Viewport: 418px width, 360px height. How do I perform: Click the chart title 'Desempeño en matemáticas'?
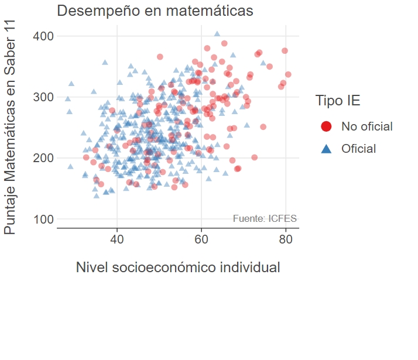point(155,11)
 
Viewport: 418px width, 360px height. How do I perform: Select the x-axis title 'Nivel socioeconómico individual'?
point(178,268)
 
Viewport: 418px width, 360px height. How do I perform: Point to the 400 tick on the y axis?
point(43,36)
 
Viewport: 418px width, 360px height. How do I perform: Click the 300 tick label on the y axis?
point(43,97)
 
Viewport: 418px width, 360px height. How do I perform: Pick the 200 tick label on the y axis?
point(43,158)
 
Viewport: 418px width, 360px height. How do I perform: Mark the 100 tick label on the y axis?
point(43,219)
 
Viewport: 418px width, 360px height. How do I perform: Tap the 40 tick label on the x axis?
point(117,239)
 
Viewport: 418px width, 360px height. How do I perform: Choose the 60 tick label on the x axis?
point(201,239)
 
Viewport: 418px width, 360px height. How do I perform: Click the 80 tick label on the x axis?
point(285,239)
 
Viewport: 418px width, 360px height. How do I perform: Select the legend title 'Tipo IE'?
point(338,101)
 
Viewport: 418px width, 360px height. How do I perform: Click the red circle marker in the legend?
point(327,126)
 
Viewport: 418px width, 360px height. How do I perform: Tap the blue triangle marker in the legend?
point(327,149)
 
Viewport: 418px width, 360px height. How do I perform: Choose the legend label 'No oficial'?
point(367,126)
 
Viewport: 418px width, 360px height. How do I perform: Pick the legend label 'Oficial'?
point(359,149)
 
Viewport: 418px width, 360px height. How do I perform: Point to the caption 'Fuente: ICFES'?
point(265,219)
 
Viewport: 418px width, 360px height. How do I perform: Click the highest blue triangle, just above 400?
point(217,34)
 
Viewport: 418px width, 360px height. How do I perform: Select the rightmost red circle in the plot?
point(288,74)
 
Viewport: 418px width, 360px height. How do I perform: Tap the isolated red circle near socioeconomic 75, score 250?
point(263,127)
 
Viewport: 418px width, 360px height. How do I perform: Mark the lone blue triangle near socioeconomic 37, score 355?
point(105,62)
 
